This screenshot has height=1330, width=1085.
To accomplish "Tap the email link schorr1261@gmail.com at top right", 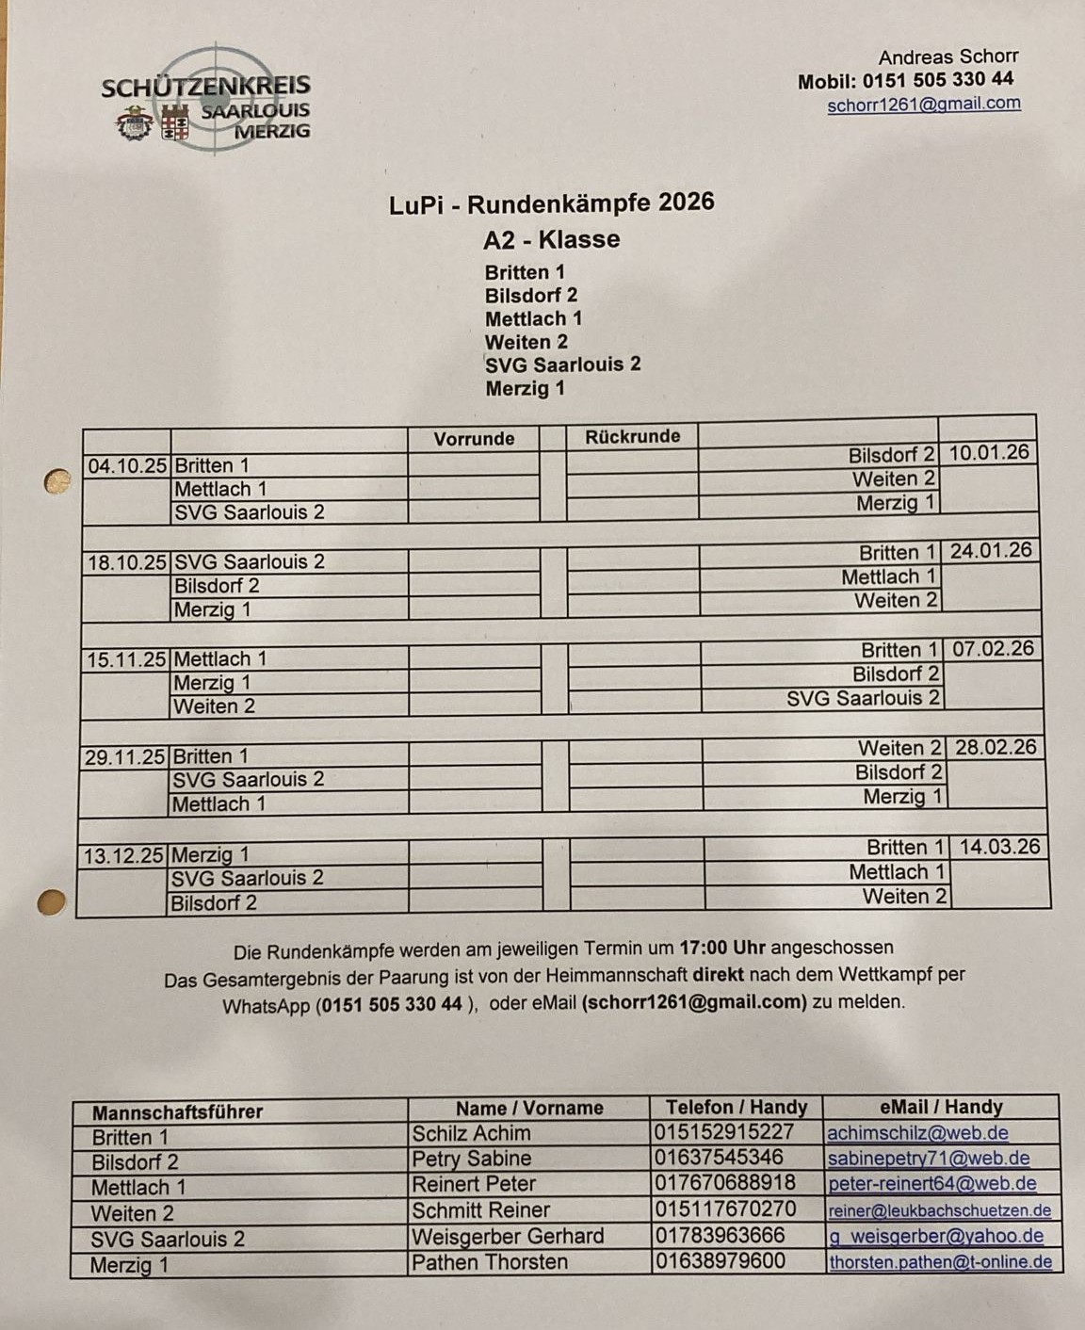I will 923,105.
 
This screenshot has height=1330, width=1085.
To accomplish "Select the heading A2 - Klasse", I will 551,239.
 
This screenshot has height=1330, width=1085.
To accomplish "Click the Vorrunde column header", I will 474,439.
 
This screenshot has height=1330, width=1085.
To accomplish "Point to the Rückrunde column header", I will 632,437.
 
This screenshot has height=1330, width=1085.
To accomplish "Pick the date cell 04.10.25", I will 127,465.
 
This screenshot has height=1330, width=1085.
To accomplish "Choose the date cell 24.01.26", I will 990,550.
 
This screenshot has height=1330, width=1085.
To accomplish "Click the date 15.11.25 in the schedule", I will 126,659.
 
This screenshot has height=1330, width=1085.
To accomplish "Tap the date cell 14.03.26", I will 999,847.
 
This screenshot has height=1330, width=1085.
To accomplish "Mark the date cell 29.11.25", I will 124,756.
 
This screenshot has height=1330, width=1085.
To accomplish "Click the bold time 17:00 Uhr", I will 721,948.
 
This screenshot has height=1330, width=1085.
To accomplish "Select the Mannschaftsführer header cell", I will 177,1111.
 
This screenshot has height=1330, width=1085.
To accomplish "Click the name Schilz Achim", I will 471,1133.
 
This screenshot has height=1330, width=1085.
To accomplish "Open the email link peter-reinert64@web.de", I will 931,1184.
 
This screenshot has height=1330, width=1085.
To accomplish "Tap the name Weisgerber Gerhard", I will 508,1236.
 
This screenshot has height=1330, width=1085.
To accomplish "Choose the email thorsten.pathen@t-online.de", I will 940,1261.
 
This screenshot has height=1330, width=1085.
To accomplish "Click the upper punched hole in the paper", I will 57,482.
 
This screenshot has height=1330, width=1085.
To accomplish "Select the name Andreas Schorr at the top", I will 947,57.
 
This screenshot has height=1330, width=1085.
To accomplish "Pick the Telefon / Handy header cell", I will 737,1108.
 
